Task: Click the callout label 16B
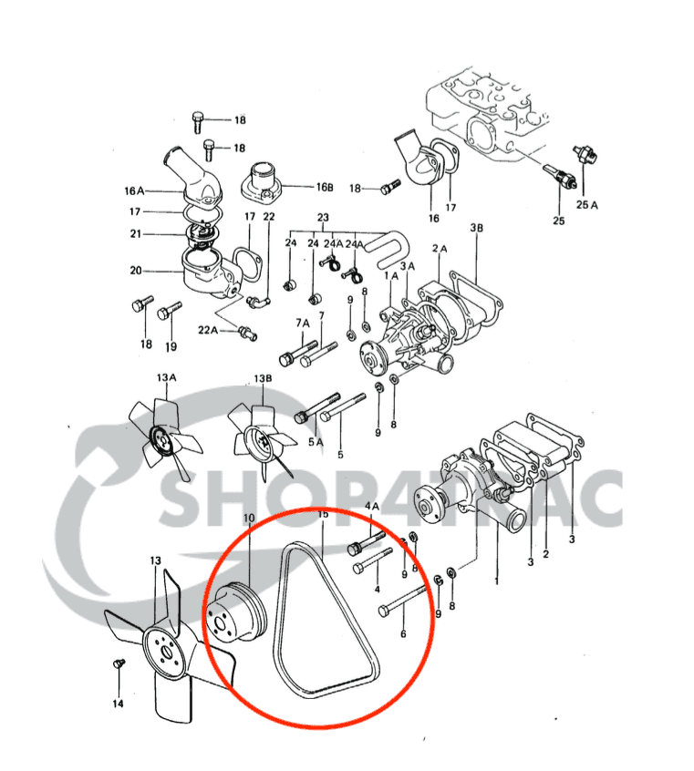click(x=325, y=188)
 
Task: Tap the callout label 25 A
click(x=587, y=205)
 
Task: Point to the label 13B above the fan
click(x=264, y=377)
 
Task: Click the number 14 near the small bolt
click(x=118, y=704)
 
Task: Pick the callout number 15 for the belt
click(x=322, y=516)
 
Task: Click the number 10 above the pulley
click(x=248, y=519)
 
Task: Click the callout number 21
click(x=134, y=233)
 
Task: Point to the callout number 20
click(x=135, y=271)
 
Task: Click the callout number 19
click(x=171, y=346)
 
